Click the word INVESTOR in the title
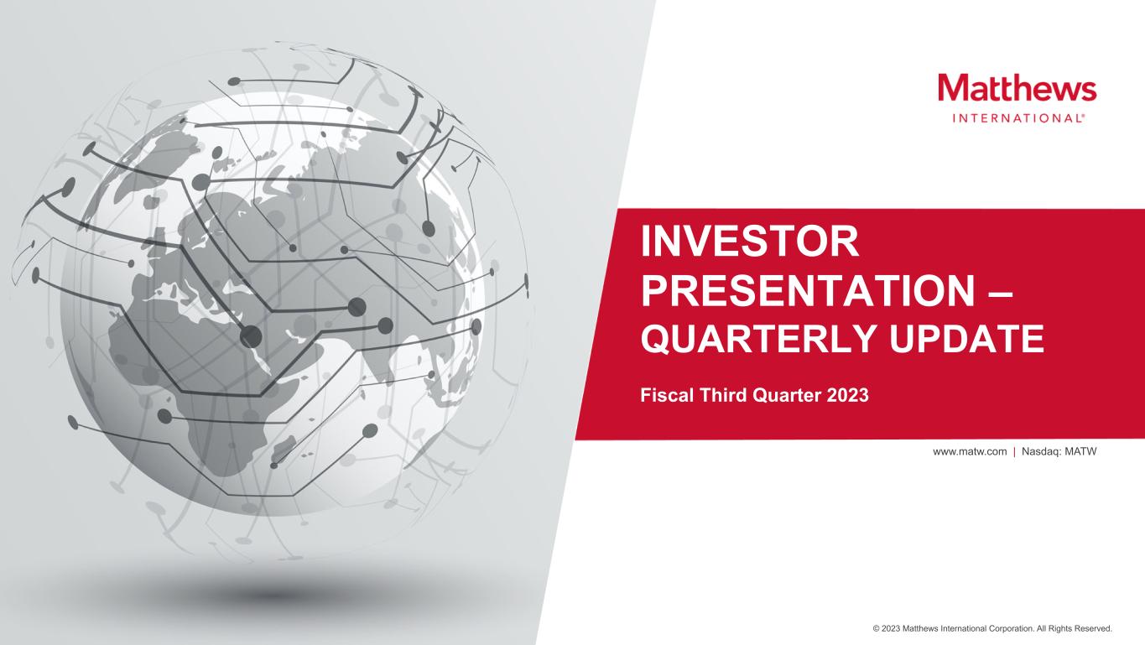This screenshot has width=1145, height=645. click(x=749, y=242)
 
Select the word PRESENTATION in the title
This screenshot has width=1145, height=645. click(x=808, y=290)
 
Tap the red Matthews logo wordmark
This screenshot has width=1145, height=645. click(x=1017, y=87)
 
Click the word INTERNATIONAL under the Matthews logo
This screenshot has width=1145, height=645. click(x=1017, y=118)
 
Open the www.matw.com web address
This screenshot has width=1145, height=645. click(x=970, y=452)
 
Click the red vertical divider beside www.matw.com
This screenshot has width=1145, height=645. click(x=1014, y=452)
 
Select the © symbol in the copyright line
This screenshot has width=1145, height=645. click(x=876, y=629)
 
